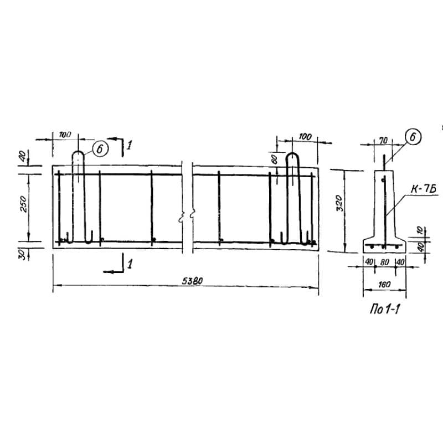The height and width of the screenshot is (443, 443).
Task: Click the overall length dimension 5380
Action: point(192,281)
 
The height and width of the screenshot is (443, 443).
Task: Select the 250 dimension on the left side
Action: point(24,204)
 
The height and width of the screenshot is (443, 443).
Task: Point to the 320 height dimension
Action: point(340,203)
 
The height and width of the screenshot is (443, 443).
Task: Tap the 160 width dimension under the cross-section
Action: point(384,285)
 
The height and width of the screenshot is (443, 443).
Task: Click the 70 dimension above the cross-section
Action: point(383,141)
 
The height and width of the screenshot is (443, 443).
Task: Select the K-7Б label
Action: point(423,189)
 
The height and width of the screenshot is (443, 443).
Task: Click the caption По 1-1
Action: point(385,310)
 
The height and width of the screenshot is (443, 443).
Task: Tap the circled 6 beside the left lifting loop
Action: point(100,149)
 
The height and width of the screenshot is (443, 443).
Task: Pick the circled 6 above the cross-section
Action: point(413,137)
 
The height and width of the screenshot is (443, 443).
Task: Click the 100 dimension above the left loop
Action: point(65,135)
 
